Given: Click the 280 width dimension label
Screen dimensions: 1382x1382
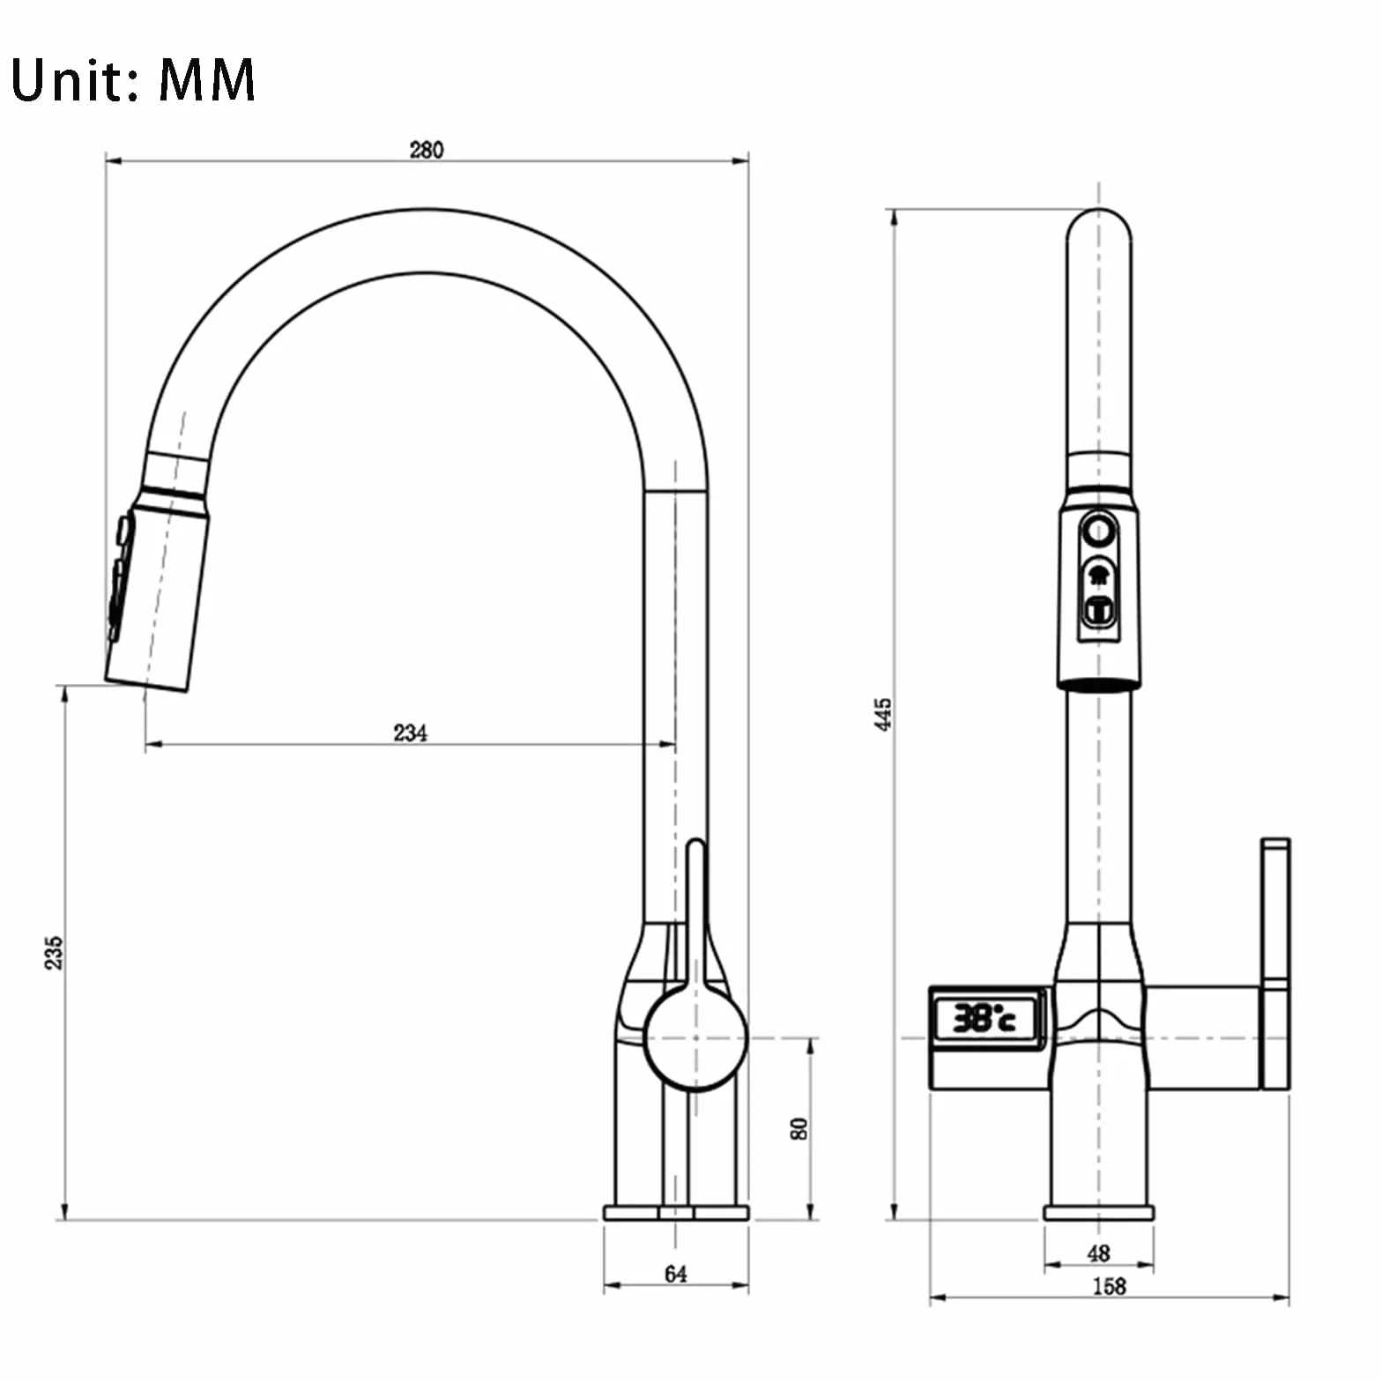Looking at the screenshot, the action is (x=427, y=150).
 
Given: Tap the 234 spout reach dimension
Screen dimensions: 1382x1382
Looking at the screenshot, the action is (x=411, y=732).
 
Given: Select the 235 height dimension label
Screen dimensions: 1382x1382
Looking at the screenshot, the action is (x=54, y=953).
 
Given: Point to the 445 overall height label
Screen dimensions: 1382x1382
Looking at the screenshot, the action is (x=883, y=714).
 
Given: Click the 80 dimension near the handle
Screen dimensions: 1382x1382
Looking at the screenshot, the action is (x=799, y=1129).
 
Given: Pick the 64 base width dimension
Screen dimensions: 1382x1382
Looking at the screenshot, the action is (x=676, y=1274).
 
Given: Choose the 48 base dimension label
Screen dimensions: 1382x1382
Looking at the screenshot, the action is (x=1098, y=1252).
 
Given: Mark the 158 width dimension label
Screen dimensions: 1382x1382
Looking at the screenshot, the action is (x=1109, y=1286).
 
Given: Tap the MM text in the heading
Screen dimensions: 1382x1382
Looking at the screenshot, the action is (x=207, y=80).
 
